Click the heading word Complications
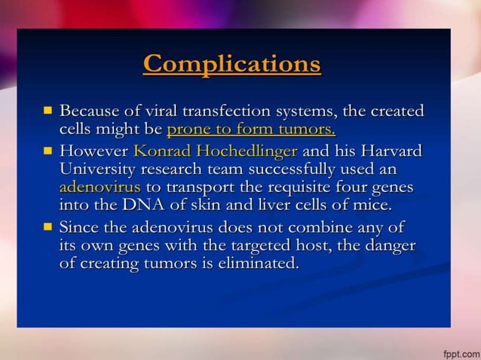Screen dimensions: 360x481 [232, 63]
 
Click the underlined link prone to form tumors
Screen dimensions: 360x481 [251, 129]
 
